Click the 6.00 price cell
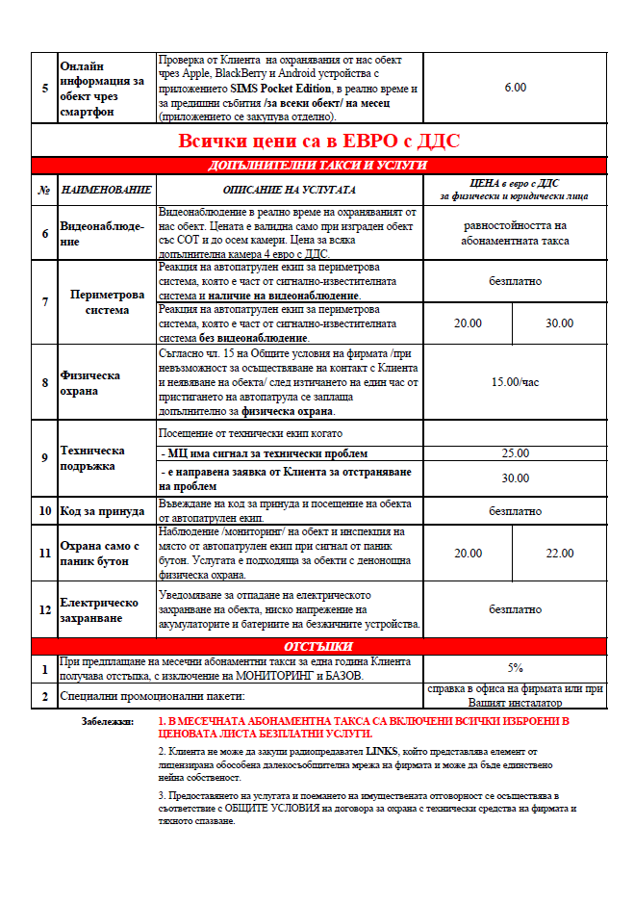pyautogui.click(x=515, y=88)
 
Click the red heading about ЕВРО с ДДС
pyautogui.click(x=318, y=142)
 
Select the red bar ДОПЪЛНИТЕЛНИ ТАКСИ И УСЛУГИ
pyautogui.click(x=318, y=166)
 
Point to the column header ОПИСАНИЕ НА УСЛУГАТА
pyautogui.click(x=289, y=190)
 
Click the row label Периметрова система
pyautogui.click(x=107, y=302)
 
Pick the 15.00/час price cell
pyautogui.click(x=515, y=382)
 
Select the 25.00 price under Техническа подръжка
pyautogui.click(x=515, y=452)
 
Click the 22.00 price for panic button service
pyautogui.click(x=559, y=554)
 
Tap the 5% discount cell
pyautogui.click(x=515, y=667)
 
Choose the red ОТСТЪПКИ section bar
pyautogui.click(x=318, y=646)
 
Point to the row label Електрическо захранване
pyautogui.click(x=99, y=609)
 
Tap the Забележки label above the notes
pyautogui.click(x=110, y=721)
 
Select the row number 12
pyautogui.click(x=44, y=609)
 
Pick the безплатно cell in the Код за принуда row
pyautogui.click(x=515, y=511)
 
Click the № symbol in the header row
pyautogui.click(x=44, y=190)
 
